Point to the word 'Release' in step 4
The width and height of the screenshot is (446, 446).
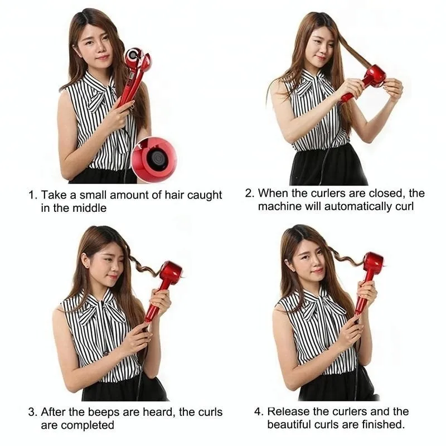[x=288, y=411]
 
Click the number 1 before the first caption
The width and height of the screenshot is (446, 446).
[x=32, y=195]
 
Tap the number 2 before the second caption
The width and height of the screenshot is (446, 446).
[x=249, y=193]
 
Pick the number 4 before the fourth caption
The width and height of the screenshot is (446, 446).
[x=259, y=411]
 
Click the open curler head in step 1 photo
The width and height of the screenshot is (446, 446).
[x=137, y=59]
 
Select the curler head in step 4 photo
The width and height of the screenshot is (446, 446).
[x=374, y=263]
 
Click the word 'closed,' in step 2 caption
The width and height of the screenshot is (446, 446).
[x=387, y=193]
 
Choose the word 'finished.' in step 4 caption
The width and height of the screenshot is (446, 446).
[x=383, y=425]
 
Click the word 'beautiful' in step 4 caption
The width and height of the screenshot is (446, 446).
[x=289, y=425]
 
